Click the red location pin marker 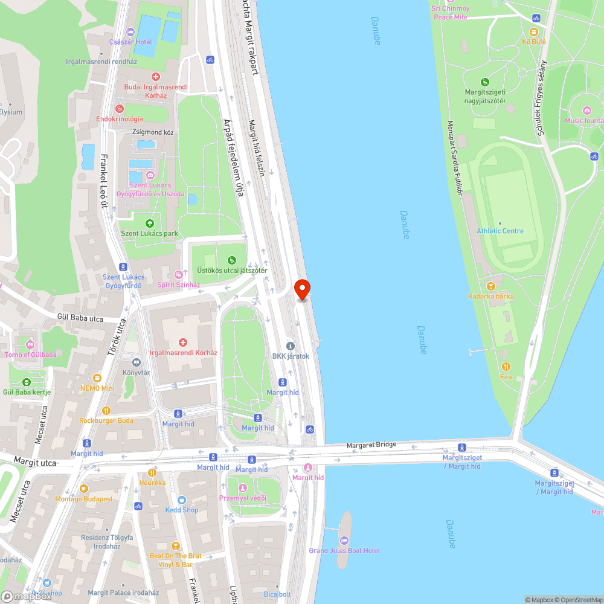pyautogui.click(x=301, y=289)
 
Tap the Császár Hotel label pyautogui.click(x=130, y=42)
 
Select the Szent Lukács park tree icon pyautogui.click(x=149, y=223)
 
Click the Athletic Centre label pyautogui.click(x=500, y=231)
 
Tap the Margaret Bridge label pyautogui.click(x=371, y=445)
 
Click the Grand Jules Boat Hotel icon pyautogui.click(x=344, y=540)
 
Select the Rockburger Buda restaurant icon pyautogui.click(x=106, y=411)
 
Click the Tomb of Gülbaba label pyautogui.click(x=30, y=355)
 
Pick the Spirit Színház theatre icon pyautogui.click(x=178, y=275)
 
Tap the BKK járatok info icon pyautogui.click(x=291, y=346)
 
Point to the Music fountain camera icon pyautogui.click(x=586, y=110)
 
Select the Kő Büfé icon pyautogui.click(x=535, y=32)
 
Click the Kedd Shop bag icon pyautogui.click(x=182, y=500)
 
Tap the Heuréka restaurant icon pyautogui.click(x=152, y=473)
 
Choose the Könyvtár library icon pyautogui.click(x=137, y=362)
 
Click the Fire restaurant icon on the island pyautogui.click(x=506, y=367)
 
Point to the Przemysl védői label pyautogui.click(x=242, y=498)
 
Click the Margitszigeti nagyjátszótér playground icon pyautogui.click(x=484, y=82)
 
